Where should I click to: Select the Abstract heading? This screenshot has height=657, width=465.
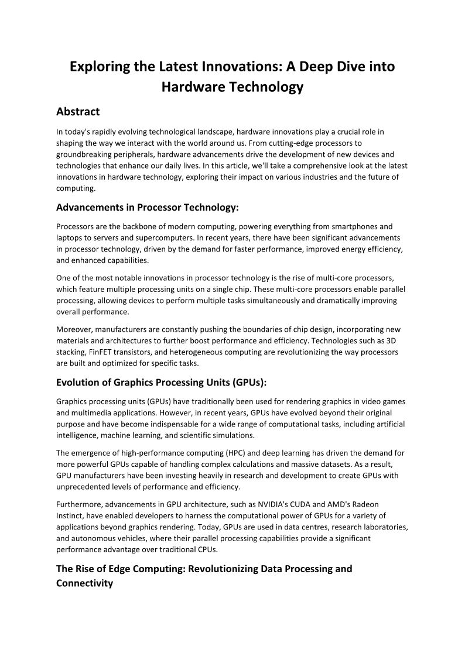78,111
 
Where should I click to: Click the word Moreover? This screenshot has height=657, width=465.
75,330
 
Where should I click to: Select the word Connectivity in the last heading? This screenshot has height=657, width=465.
84,583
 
